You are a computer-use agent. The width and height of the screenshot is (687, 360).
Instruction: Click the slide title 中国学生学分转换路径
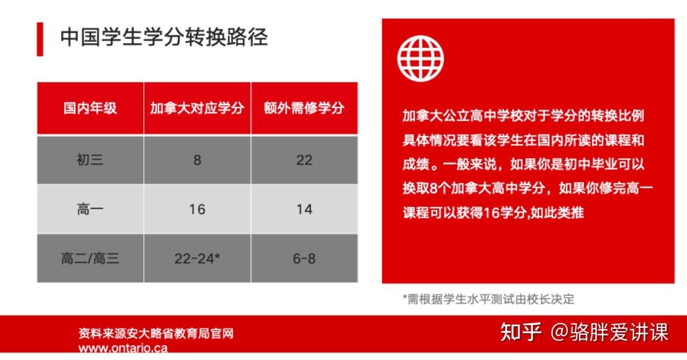[x=164, y=38]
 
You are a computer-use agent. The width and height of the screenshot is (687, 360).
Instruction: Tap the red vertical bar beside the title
[x=40, y=39]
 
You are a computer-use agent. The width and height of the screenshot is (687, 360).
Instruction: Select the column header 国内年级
[x=90, y=108]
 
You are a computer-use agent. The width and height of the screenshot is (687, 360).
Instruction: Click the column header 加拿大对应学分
[x=197, y=108]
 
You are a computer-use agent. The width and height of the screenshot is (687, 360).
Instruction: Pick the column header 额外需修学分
[x=304, y=108]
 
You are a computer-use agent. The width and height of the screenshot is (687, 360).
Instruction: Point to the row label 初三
[x=90, y=160]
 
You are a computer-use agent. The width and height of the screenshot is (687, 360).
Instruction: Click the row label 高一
[x=90, y=209]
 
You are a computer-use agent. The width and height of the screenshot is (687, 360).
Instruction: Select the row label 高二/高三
[x=90, y=259]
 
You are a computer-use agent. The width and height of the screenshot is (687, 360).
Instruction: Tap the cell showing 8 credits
[x=197, y=160]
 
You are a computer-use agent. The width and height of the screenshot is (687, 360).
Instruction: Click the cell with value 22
[x=304, y=160]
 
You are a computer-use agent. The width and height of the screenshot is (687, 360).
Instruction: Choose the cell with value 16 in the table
[x=197, y=209]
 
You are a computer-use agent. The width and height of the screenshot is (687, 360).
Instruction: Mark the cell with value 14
[x=304, y=209]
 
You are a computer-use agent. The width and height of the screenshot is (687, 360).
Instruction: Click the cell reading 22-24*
[x=197, y=259]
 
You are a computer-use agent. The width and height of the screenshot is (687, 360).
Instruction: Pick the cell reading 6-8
[x=304, y=259]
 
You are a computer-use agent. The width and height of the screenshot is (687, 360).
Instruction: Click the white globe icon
[x=420, y=59]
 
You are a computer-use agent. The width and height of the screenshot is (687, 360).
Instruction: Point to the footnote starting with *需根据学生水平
[x=488, y=299]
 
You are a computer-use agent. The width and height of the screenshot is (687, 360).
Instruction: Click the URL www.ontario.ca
[x=123, y=348]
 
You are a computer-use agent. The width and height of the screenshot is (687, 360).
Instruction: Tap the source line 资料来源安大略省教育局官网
[x=156, y=334]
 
